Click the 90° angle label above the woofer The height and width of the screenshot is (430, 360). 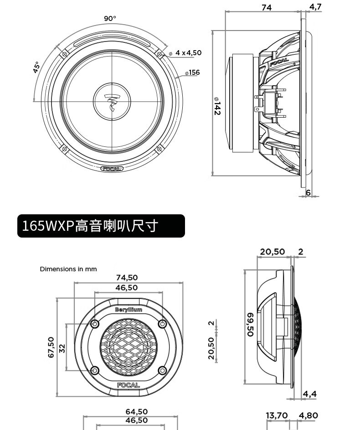pos(110,18)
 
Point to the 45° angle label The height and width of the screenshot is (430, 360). pos(36,67)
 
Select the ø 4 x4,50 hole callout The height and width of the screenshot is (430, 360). pos(185,52)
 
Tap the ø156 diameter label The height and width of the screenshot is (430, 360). pos(192,73)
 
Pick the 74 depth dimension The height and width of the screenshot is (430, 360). pos(267,7)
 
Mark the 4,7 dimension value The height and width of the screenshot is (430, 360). pos(315,6)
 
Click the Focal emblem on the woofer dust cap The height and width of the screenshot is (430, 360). pos(112,102)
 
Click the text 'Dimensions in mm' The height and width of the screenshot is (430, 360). pos(68,269)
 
